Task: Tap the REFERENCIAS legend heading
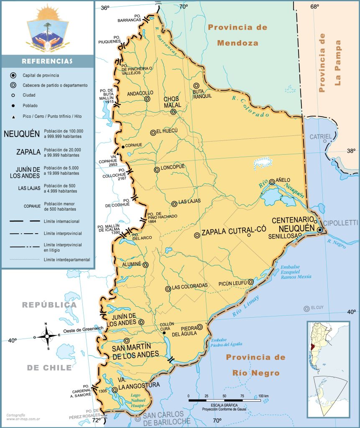pos(47,61)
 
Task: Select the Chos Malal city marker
pos(173,112)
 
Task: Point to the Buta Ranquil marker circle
pos(196,86)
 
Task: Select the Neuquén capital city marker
pos(320,230)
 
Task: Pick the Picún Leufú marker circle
pos(250,282)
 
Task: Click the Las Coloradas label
pos(189,286)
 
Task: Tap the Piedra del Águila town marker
pos(200,327)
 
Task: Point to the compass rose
pos(46,335)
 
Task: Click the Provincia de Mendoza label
pos(237,35)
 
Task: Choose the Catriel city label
pos(320,137)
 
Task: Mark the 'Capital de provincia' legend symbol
pos(14,75)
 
